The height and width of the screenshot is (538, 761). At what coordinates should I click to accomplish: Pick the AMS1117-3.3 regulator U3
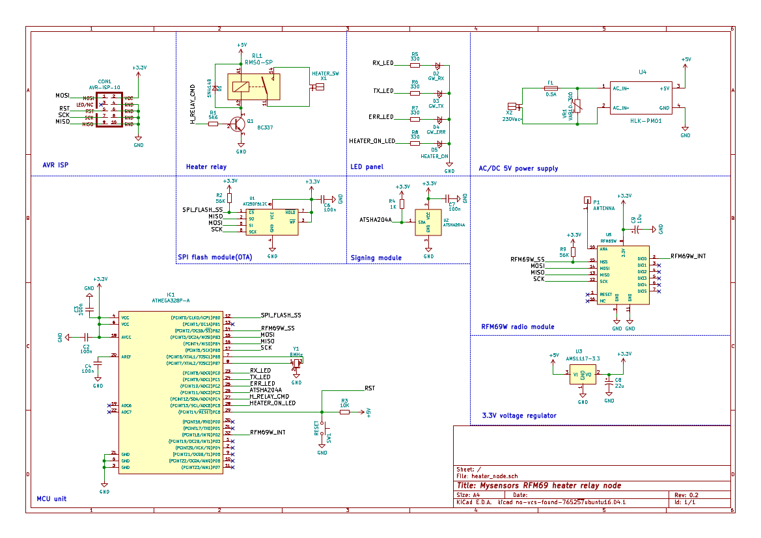coord(583,375)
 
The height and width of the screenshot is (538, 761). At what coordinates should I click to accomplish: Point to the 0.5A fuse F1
coord(551,88)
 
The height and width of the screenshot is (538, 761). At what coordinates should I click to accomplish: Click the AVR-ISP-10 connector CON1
coord(109,110)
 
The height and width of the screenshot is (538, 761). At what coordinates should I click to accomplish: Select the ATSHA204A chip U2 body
coord(428,222)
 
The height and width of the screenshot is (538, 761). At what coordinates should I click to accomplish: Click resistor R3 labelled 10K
coord(344,412)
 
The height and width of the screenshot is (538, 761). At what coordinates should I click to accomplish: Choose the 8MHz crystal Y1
coord(297,362)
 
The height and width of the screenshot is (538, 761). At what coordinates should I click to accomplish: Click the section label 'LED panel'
coord(367,167)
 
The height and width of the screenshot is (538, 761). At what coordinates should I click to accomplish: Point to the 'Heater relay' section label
coord(206,167)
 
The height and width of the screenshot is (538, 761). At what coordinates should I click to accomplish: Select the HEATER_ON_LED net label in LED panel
coord(372,141)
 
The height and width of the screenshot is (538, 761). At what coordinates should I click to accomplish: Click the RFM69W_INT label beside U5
coord(688,257)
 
